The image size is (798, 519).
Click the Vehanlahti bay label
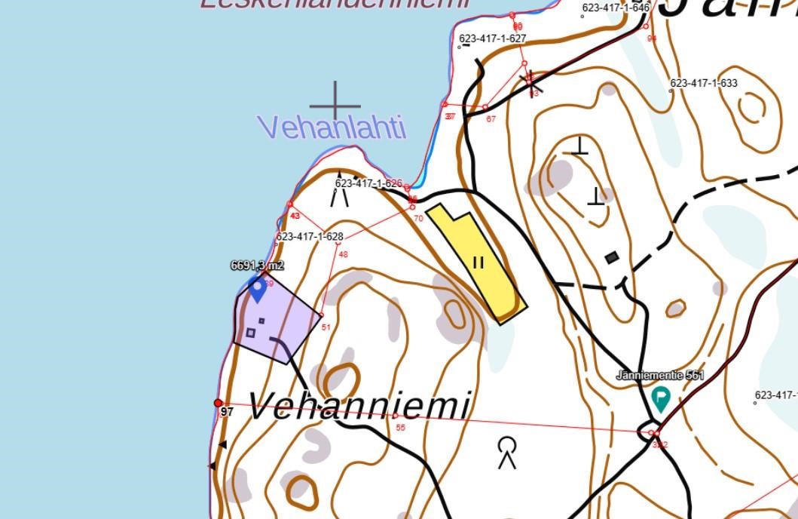coord(333,127)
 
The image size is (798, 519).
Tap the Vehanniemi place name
coord(359,407)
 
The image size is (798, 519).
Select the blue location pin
coord(258,289)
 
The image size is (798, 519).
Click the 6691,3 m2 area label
coord(257,266)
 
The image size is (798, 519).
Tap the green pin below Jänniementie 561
coord(661,398)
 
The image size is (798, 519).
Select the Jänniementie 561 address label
coord(660,375)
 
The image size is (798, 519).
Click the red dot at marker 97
coord(219,404)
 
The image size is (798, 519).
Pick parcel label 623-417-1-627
coord(493,38)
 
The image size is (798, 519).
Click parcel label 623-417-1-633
coord(704,83)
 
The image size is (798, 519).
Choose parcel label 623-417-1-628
coord(310,237)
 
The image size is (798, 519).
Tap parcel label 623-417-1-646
coord(616,8)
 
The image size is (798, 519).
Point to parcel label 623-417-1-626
coord(368,183)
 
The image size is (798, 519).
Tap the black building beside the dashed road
coord(612,258)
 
